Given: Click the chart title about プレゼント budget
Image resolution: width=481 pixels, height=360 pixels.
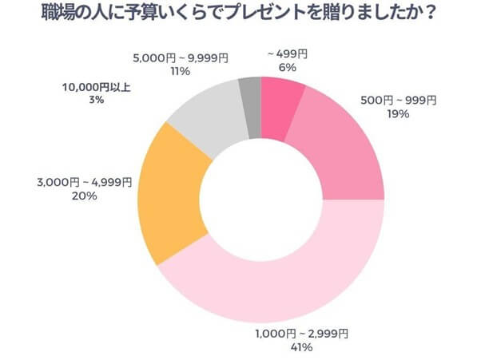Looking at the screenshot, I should coord(240,14).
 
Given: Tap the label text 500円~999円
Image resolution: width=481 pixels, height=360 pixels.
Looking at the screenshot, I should coord(397,101).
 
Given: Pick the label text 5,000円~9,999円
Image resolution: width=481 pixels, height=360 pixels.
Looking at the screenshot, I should coord(180,57).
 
